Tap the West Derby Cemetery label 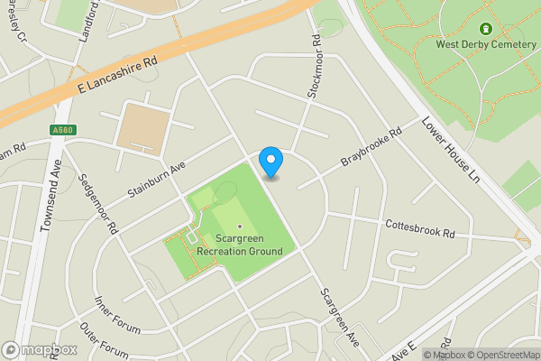[x=486, y=44]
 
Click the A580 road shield [x=62, y=130]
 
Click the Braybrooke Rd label [x=370, y=150]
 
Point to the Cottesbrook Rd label [x=420, y=227]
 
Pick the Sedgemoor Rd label [x=98, y=205]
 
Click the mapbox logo [x=41, y=350]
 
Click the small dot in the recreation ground [x=240, y=227]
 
